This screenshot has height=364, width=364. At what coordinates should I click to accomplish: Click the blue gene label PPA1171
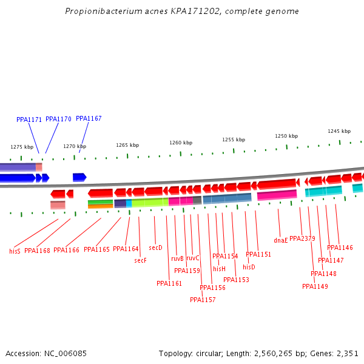click(x=29, y=120)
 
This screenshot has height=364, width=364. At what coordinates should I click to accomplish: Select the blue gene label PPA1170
click(x=58, y=119)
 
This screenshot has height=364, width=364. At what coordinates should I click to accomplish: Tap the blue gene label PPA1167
click(x=89, y=118)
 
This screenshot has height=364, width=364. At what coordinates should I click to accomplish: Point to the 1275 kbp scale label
click(x=22, y=147)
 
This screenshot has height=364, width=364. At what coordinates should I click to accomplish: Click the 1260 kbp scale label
click(x=181, y=143)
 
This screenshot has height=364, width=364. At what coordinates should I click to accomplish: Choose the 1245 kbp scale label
click(x=339, y=131)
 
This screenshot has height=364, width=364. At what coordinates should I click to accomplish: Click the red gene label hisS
click(x=15, y=251)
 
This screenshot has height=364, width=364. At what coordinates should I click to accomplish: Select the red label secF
click(x=140, y=260)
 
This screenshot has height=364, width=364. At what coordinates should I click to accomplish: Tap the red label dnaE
click(x=280, y=241)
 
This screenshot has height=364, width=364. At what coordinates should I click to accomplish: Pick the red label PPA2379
click(x=302, y=238)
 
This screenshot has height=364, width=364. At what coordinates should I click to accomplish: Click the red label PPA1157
click(x=203, y=300)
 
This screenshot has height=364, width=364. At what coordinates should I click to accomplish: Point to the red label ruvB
click(x=177, y=258)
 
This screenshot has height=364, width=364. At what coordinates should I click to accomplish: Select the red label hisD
click(x=249, y=267)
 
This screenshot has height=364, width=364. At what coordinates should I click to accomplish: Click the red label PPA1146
click(x=340, y=248)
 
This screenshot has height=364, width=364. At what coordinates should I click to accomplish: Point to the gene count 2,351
click(x=347, y=353)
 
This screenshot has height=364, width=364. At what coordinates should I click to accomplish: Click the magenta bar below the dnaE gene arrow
click(x=277, y=195)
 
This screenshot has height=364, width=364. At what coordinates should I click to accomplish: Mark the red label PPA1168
click(x=37, y=251)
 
